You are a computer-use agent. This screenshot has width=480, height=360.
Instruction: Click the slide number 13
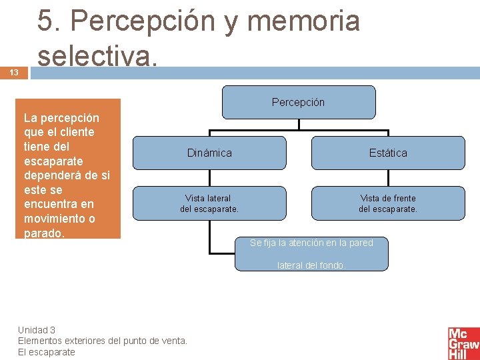click(14, 73)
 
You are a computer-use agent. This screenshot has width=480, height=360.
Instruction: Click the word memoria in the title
click(303, 21)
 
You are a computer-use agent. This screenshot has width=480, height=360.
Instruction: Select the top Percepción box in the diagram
click(298, 102)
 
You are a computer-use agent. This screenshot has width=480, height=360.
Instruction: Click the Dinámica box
click(209, 153)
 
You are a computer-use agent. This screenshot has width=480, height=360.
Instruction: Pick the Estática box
click(388, 153)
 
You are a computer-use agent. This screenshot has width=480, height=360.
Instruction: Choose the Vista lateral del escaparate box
click(209, 203)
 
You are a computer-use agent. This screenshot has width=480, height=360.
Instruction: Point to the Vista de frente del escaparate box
click(388, 203)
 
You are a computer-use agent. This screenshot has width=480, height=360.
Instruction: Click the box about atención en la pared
click(311, 243)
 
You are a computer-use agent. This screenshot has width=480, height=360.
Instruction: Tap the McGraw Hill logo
click(463, 343)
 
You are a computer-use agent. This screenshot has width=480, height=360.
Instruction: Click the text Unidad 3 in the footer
click(37, 330)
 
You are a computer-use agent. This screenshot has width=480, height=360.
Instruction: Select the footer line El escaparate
click(47, 352)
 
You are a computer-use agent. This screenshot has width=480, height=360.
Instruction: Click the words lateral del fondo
click(311, 265)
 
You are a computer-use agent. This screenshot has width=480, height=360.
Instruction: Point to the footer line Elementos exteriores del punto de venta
click(103, 341)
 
